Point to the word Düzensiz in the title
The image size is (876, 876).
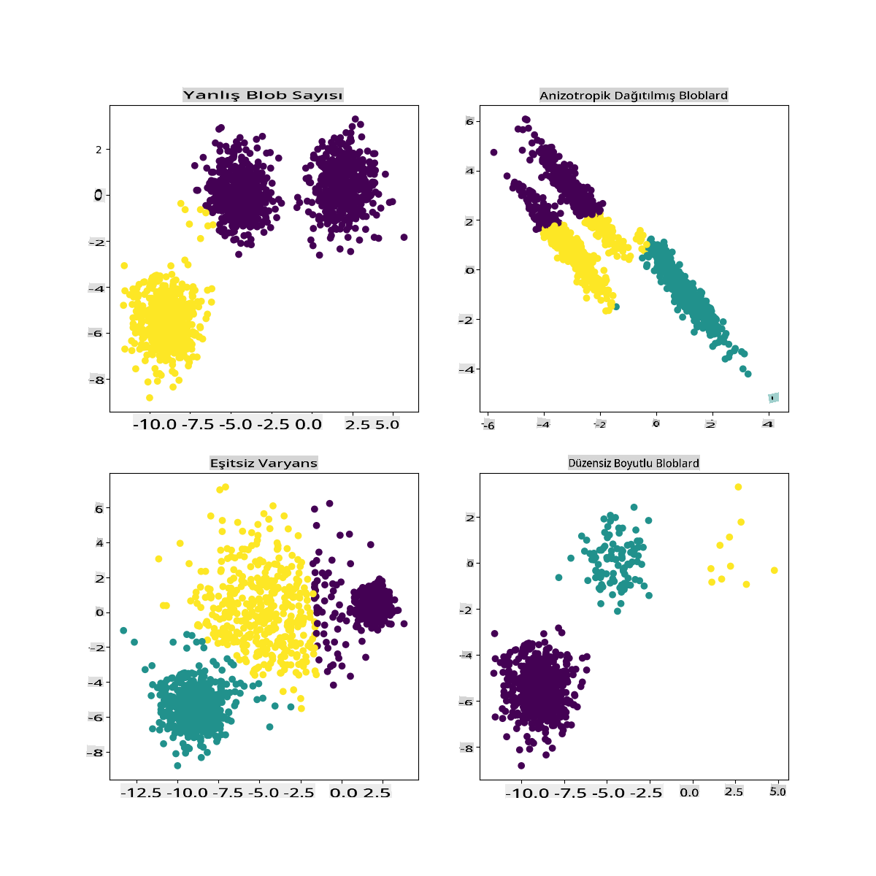pyautogui.click(x=590, y=464)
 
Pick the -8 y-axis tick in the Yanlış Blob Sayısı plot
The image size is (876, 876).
pyautogui.click(x=95, y=380)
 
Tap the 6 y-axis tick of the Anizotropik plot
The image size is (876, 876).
pyautogui.click(x=469, y=122)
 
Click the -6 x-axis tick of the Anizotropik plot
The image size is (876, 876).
pyautogui.click(x=488, y=425)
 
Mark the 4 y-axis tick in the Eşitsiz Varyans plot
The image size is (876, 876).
pyautogui.click(x=99, y=543)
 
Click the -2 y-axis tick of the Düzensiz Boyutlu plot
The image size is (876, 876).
pyautogui.click(x=466, y=610)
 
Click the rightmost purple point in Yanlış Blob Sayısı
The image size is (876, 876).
pyautogui.click(x=404, y=237)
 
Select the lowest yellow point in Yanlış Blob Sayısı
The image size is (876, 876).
pyautogui.click(x=150, y=398)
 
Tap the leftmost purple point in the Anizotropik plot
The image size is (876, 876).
pyautogui.click(x=493, y=153)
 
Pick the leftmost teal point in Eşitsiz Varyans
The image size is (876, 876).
pyautogui.click(x=123, y=630)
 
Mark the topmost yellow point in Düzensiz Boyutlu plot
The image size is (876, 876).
pyautogui.click(x=738, y=487)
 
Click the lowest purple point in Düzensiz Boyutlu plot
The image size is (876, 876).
pyautogui.click(x=521, y=766)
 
